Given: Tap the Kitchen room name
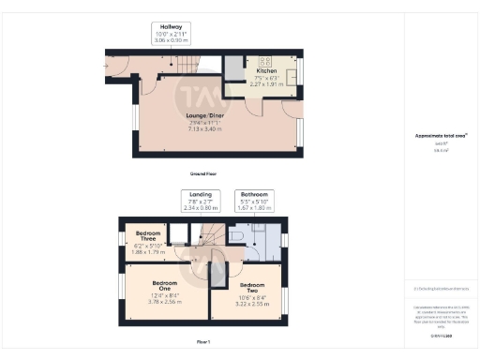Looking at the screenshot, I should pyautogui.click(x=265, y=71).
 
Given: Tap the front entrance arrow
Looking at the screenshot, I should pyautogui.click(x=109, y=66).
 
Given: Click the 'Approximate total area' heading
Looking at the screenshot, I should pyautogui.click(x=441, y=135).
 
